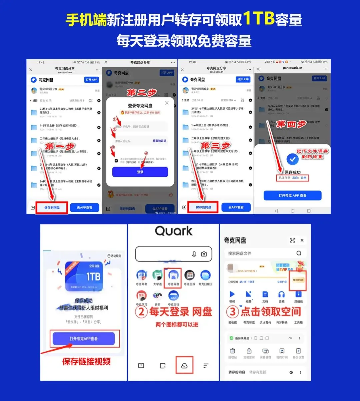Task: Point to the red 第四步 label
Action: pos(291,124)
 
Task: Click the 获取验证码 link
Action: pos(159,141)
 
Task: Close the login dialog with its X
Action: pos(167,103)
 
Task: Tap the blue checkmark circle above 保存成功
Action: pos(292,159)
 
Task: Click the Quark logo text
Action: pos(174,231)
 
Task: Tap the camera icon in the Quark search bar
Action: pos(204,254)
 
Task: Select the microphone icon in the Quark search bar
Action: pos(194,254)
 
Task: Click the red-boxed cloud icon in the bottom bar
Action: pos(184,366)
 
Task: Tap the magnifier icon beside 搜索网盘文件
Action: pos(299,253)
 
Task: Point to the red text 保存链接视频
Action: pos(86,361)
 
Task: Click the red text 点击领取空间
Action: pos(271,312)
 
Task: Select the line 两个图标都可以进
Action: pos(177,325)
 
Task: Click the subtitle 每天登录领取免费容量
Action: pos(184,41)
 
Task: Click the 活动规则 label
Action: pos(114,256)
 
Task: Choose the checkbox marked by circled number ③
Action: pos(116,160)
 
